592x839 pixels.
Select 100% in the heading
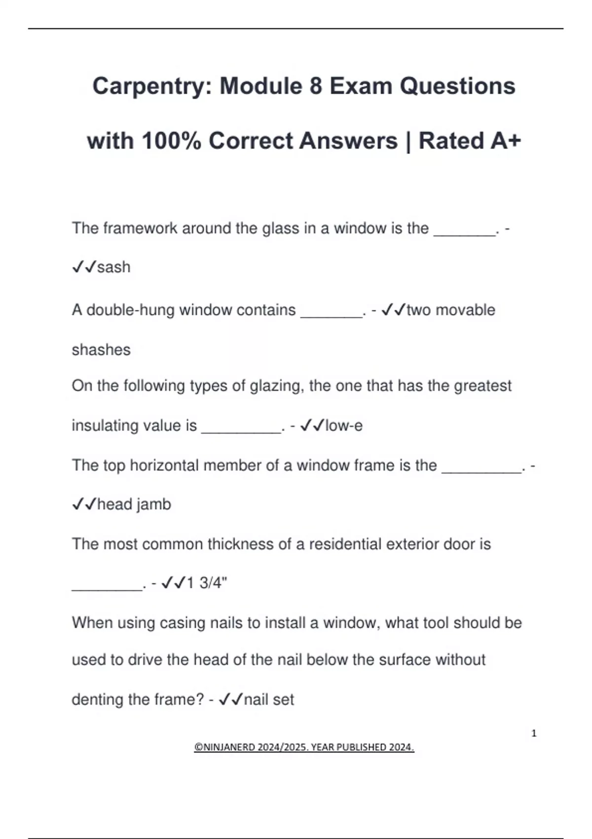point(171,141)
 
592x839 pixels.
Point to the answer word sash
point(113,267)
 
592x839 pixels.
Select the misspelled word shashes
point(101,349)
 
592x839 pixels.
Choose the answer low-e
point(344,425)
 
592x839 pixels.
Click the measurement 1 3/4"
point(207,583)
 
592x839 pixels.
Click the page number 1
point(534,733)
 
